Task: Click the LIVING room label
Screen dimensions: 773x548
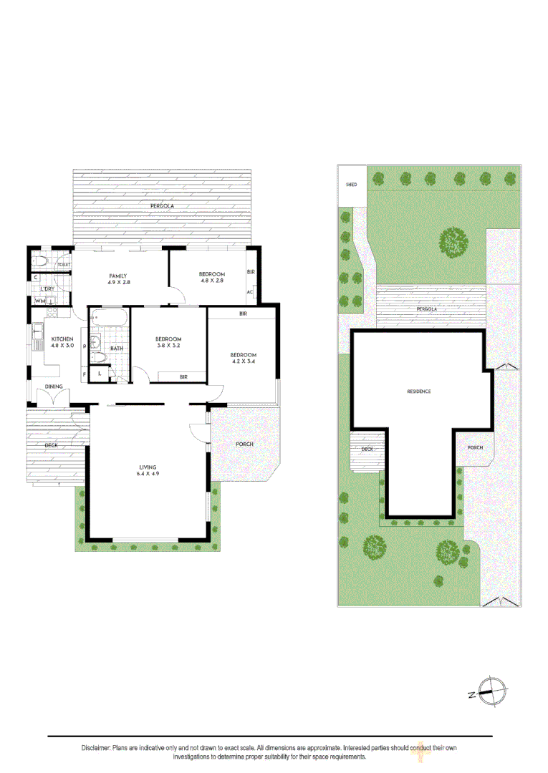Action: pyautogui.click(x=148, y=467)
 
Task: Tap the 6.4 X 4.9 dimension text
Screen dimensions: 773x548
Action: pyautogui.click(x=148, y=474)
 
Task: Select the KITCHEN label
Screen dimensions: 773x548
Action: pyautogui.click(x=62, y=339)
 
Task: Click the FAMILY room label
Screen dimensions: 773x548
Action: pyautogui.click(x=118, y=276)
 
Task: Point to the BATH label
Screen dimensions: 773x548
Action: pyautogui.click(x=116, y=349)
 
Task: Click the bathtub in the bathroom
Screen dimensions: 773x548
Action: pyautogui.click(x=108, y=317)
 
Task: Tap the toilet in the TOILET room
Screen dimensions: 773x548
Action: pyautogui.click(x=41, y=261)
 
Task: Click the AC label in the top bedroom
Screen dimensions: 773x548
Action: pyautogui.click(x=250, y=292)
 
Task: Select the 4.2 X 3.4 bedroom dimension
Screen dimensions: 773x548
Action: pyautogui.click(x=243, y=362)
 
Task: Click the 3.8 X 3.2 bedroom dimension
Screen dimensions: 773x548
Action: pyautogui.click(x=168, y=346)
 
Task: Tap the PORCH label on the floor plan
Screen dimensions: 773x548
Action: pyautogui.click(x=244, y=444)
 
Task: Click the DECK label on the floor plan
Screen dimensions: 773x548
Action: pyautogui.click(x=51, y=446)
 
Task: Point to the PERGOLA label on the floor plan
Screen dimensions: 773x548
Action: pyautogui.click(x=162, y=206)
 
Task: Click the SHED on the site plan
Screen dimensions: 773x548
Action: pyautogui.click(x=352, y=185)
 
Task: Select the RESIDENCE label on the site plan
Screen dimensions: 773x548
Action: pyautogui.click(x=419, y=392)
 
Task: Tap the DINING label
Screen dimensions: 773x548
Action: pyautogui.click(x=54, y=386)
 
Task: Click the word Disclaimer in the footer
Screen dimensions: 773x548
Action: pyautogui.click(x=96, y=748)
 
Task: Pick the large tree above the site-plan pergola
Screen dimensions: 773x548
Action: pyautogui.click(x=453, y=242)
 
